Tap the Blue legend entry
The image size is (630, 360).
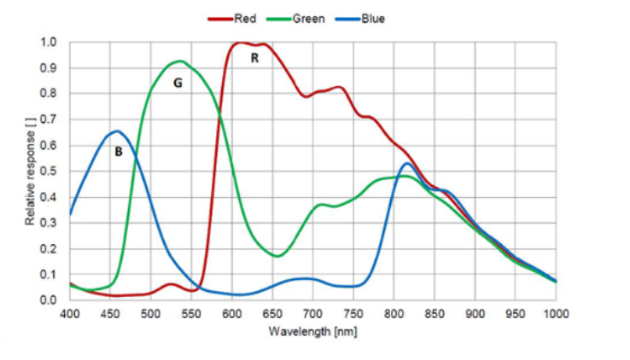(373, 18)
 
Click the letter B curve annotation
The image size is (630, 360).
(119, 151)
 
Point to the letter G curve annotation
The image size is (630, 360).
(178, 83)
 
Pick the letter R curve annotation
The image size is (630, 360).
(254, 58)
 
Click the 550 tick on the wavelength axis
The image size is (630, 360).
(191, 314)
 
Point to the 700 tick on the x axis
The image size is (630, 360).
(313, 314)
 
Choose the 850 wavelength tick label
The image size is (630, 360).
(435, 314)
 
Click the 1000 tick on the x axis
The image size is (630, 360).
(556, 314)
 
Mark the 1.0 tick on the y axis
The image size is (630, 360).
(50, 42)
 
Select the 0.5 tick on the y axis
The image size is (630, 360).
(50, 171)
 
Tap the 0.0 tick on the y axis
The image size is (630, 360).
(50, 300)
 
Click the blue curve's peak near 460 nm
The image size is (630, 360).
(116, 131)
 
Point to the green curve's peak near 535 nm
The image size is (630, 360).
(179, 61)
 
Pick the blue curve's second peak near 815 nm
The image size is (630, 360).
(407, 164)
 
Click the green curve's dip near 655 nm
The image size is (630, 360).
(277, 256)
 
